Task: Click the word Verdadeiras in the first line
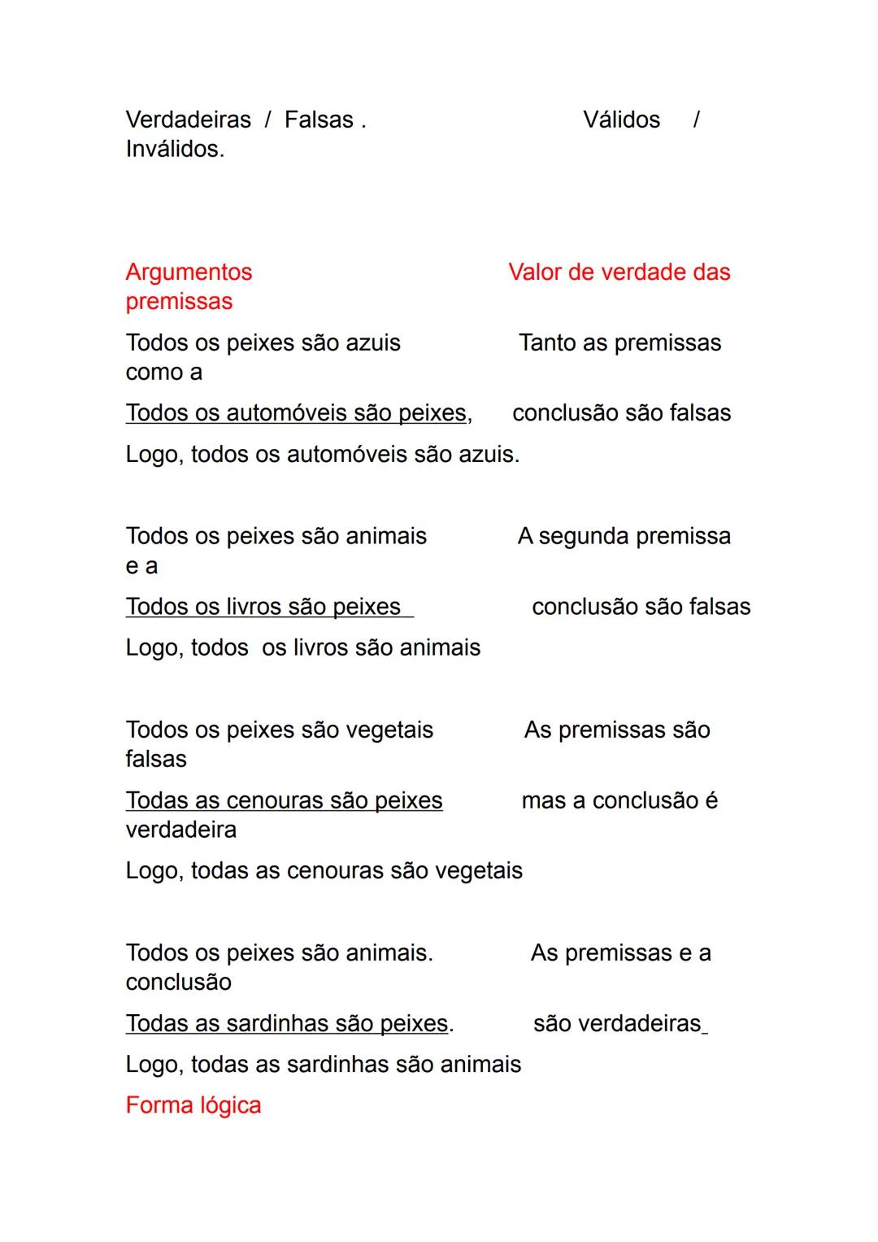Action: click(188, 120)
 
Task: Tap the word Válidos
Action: click(621, 120)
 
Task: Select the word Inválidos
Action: click(175, 149)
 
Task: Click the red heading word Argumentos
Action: click(189, 272)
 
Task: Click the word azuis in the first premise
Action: click(373, 342)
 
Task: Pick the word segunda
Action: click(584, 536)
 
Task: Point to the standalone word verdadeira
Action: click(180, 830)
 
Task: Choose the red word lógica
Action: click(230, 1105)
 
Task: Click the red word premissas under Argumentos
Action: click(179, 301)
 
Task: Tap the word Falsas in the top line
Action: click(319, 120)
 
